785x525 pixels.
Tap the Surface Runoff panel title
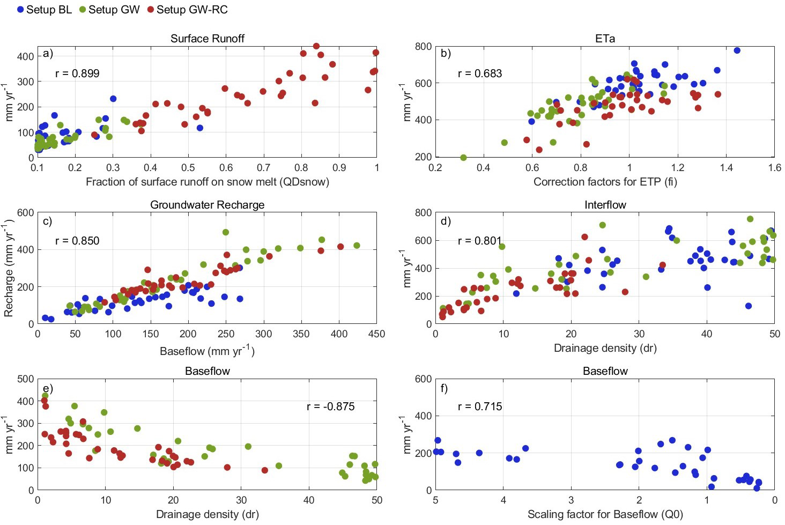point(207,39)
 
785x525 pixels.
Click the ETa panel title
point(605,39)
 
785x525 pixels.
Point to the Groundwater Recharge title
point(207,205)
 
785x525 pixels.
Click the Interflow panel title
point(605,205)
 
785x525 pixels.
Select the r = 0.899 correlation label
point(77,73)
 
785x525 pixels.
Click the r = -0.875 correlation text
point(330,406)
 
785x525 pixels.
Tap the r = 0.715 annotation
point(480,406)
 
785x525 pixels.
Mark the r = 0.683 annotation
point(480,73)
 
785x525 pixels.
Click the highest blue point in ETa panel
point(737,50)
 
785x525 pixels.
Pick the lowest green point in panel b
point(463,158)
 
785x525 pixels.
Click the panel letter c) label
point(48,221)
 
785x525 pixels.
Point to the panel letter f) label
point(444,388)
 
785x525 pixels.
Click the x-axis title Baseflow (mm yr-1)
point(207,351)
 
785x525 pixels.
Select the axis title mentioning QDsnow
point(207,182)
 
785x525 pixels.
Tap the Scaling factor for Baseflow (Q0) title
point(605,514)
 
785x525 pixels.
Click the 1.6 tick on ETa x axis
point(774,168)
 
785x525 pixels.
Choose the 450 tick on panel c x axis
point(376,334)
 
